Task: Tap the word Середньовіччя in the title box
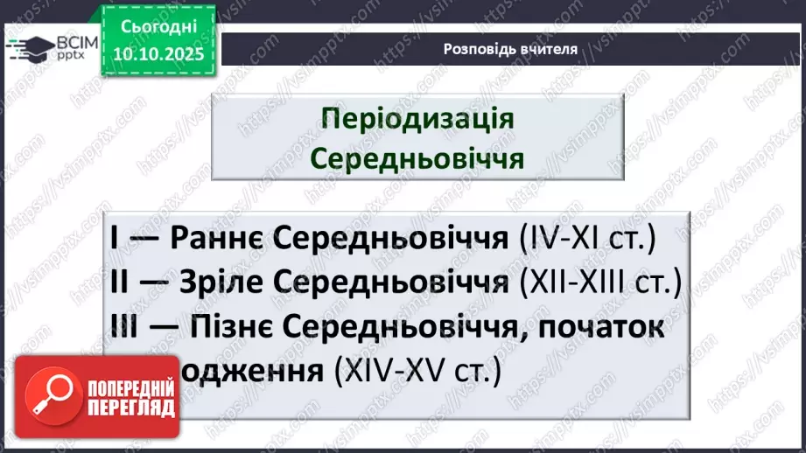417,158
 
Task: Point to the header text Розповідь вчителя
511,49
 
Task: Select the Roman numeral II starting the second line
121,282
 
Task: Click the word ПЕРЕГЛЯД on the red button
130,407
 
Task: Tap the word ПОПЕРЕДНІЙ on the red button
130,387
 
